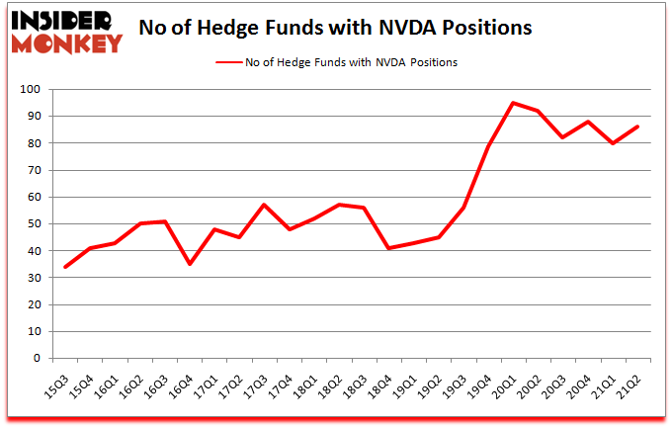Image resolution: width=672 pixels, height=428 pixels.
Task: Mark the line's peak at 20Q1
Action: click(513, 103)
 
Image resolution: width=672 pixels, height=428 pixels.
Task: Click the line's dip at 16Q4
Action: click(190, 264)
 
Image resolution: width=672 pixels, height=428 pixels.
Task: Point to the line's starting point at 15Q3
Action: click(66, 267)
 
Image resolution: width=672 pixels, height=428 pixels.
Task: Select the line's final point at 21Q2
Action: click(637, 127)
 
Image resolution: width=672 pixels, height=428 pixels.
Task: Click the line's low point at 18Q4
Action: click(389, 248)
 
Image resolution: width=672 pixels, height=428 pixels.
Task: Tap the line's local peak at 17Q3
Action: click(265, 205)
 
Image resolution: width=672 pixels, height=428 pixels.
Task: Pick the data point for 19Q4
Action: click(488, 145)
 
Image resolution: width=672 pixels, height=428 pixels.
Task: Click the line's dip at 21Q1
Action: click(613, 143)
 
